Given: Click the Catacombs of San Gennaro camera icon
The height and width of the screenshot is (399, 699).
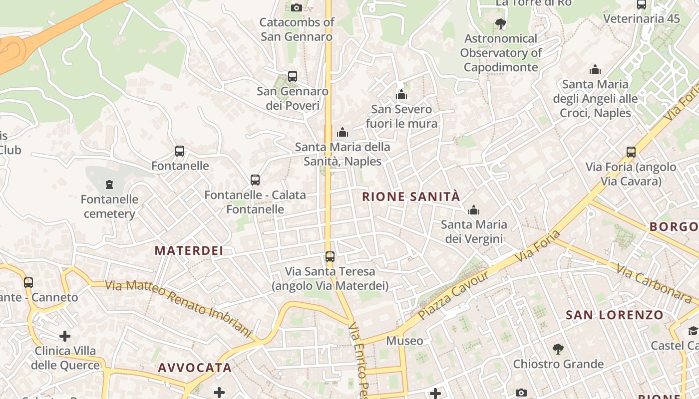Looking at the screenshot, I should click(296, 7).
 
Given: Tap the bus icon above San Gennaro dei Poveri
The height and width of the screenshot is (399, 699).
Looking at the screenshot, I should click(293, 76).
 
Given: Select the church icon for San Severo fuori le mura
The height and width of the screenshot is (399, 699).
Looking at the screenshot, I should click(401, 94).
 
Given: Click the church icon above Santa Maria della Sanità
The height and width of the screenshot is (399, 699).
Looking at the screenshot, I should click(343, 132).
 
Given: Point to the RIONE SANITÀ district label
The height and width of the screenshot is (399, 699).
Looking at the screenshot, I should click(411, 197).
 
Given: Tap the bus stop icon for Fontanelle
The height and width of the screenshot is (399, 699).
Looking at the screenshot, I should click(180, 151).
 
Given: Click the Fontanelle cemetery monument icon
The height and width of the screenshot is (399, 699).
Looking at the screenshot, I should click(109, 185).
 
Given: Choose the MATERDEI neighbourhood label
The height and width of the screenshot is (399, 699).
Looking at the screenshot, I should click(189, 250).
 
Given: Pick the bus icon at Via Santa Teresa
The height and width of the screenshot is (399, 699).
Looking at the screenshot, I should click(330, 257).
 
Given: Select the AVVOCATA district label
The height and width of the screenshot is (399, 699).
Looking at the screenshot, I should click(195, 368).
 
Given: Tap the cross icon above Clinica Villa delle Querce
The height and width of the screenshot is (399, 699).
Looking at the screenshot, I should click(65, 336).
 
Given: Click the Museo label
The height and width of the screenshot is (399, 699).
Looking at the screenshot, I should click(405, 341).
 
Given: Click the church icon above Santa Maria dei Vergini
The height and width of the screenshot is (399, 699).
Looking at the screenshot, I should click(474, 210).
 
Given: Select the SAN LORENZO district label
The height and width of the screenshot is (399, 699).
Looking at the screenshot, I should click(614, 315).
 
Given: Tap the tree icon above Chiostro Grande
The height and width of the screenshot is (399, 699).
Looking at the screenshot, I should click(558, 349).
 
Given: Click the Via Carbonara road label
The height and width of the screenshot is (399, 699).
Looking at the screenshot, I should click(654, 283).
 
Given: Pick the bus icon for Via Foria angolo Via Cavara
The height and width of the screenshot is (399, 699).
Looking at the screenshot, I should click(631, 152).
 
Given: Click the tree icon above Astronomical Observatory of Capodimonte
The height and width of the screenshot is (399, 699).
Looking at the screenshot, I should click(500, 23).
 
